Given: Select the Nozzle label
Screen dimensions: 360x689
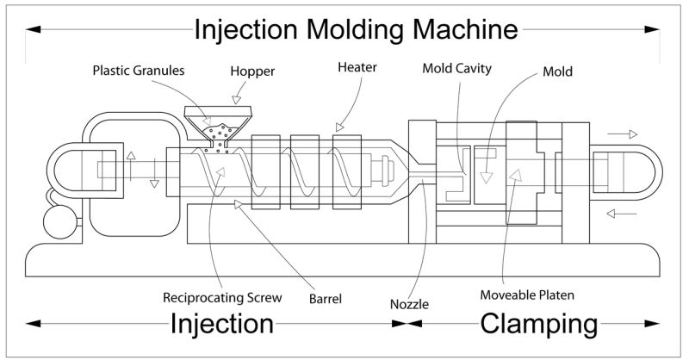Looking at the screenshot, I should coord(408,303).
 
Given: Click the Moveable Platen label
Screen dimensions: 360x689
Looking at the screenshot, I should coord(527,295).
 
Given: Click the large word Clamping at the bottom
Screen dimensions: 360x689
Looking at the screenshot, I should coord(538,325).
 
